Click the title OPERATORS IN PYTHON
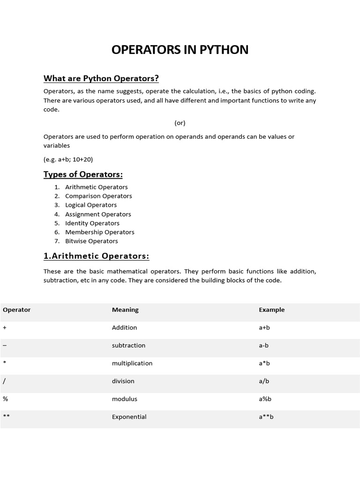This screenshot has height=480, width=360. pyautogui.click(x=180, y=50)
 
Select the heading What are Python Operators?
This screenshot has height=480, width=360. pyautogui.click(x=101, y=78)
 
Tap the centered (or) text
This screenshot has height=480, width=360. pyautogui.click(x=180, y=123)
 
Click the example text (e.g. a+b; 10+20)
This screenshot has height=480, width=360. pyautogui.click(x=71, y=159)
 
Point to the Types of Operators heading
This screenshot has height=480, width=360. pyautogui.click(x=83, y=174)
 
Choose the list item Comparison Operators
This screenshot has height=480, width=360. pyautogui.click(x=98, y=196)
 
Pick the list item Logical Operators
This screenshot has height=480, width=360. pyautogui.click(x=91, y=205)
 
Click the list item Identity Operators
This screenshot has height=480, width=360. pyautogui.click(x=92, y=223)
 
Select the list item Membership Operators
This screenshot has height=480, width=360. pyautogui.click(x=99, y=232)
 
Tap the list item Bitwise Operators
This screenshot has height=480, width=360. pyautogui.click(x=91, y=241)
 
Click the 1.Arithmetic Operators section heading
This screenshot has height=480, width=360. pyautogui.click(x=96, y=256)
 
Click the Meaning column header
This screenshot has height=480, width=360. pyautogui.click(x=125, y=310)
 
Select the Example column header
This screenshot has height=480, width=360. pyautogui.click(x=271, y=310)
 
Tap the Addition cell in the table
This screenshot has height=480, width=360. pyautogui.click(x=124, y=328)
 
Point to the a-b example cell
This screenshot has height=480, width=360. pyautogui.click(x=263, y=345)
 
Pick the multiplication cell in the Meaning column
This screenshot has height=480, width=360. pyautogui.click(x=132, y=363)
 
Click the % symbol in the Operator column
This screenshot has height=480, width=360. pyautogui.click(x=5, y=399)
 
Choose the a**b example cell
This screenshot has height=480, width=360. pyautogui.click(x=266, y=417)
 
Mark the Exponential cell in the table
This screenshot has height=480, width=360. pyautogui.click(x=129, y=417)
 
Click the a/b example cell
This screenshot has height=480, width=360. pyautogui.click(x=264, y=381)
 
